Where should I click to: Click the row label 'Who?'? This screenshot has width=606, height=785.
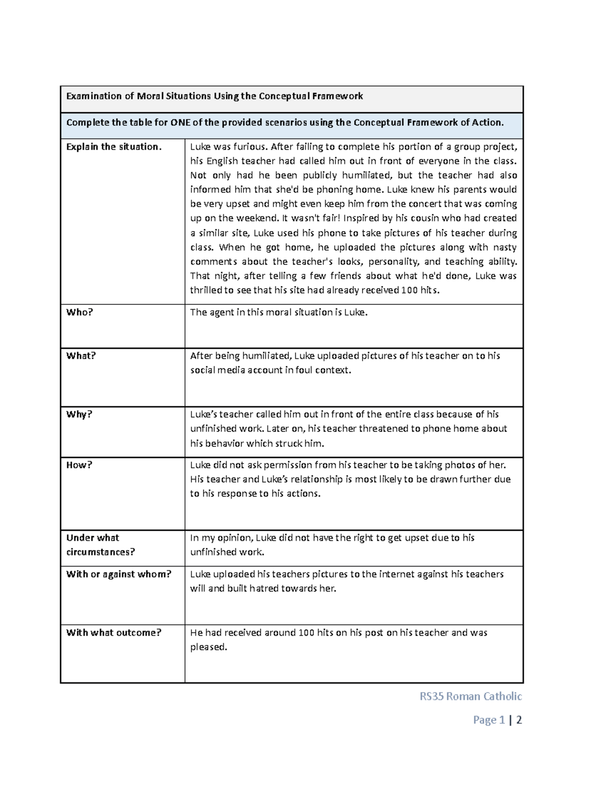point(80,312)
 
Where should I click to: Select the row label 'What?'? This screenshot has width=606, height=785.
point(81,356)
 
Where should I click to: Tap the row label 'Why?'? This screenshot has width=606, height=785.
point(79,414)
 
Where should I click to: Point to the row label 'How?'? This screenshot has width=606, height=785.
point(79,465)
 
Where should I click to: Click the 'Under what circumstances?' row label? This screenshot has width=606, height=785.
point(100,545)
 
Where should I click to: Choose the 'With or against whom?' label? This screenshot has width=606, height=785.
point(119,574)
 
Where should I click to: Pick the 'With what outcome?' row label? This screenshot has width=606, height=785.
point(114,633)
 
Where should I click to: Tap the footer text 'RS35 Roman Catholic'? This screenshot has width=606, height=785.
point(471,697)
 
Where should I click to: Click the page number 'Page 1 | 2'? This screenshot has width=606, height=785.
point(497,720)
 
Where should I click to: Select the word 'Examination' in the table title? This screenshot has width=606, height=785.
point(94,96)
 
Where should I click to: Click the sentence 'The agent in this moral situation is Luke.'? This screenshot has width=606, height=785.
point(279,312)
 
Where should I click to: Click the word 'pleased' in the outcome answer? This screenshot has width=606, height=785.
point(208,648)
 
